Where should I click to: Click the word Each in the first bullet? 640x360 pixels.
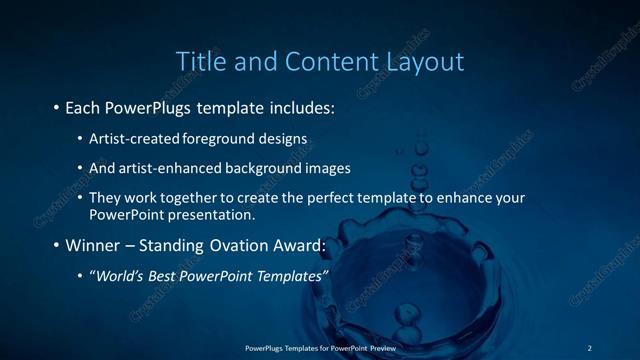coord(82,105)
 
